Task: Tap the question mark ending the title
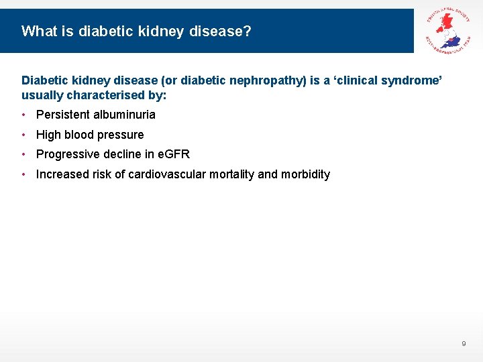click(x=248, y=31)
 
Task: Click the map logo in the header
click(x=448, y=30)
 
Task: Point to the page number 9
click(x=464, y=344)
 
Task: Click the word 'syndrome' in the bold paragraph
click(x=413, y=80)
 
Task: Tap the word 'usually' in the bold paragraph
click(x=42, y=95)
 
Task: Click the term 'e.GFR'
click(x=173, y=154)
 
